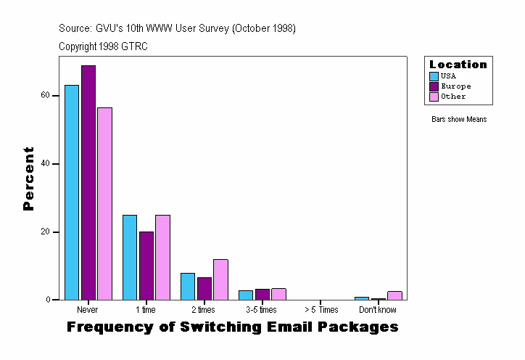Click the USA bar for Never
click(x=72, y=192)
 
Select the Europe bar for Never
click(x=88, y=182)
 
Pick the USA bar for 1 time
click(x=130, y=257)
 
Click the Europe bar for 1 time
click(x=146, y=266)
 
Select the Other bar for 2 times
click(x=220, y=279)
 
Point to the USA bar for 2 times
click(x=188, y=286)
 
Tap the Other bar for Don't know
click(x=394, y=295)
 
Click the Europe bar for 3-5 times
click(x=262, y=294)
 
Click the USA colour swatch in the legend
click(x=434, y=76)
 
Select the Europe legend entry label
click(x=455, y=86)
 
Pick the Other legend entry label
click(x=453, y=97)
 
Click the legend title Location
click(x=458, y=65)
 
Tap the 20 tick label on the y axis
click(x=45, y=232)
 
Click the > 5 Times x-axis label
click(x=320, y=310)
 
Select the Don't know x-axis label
click(x=378, y=310)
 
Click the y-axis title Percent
click(x=28, y=179)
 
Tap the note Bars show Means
click(x=459, y=120)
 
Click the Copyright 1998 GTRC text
click(x=104, y=46)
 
